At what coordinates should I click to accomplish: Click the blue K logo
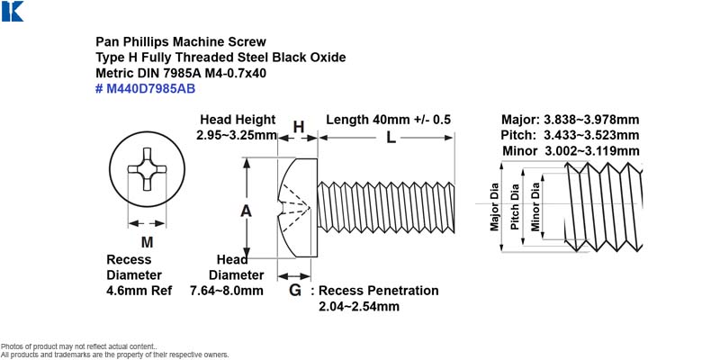[13, 11]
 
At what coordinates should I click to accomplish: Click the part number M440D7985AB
[150, 88]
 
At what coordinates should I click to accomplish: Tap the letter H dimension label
[299, 127]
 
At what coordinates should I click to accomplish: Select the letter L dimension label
[391, 138]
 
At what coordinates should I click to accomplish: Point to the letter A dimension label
[246, 211]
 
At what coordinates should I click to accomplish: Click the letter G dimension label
[295, 290]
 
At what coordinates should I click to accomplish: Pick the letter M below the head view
[147, 242]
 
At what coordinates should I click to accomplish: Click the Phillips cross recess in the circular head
[147, 169]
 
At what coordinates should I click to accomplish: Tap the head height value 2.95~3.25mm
[237, 136]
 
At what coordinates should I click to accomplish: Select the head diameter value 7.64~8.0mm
[227, 291]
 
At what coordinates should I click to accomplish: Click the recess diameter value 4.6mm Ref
[139, 291]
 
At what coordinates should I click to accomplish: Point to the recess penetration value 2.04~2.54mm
[358, 306]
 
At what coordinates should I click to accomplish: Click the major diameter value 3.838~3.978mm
[591, 120]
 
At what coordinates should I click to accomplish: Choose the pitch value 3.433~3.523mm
[591, 136]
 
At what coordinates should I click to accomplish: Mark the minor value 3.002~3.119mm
[591, 151]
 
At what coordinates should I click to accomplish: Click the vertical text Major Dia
[494, 207]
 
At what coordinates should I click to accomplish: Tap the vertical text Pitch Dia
[515, 207]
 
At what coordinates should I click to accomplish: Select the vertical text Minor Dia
[535, 207]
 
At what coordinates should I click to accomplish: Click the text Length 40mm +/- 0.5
[389, 120]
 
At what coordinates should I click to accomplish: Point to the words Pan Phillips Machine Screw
[181, 41]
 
